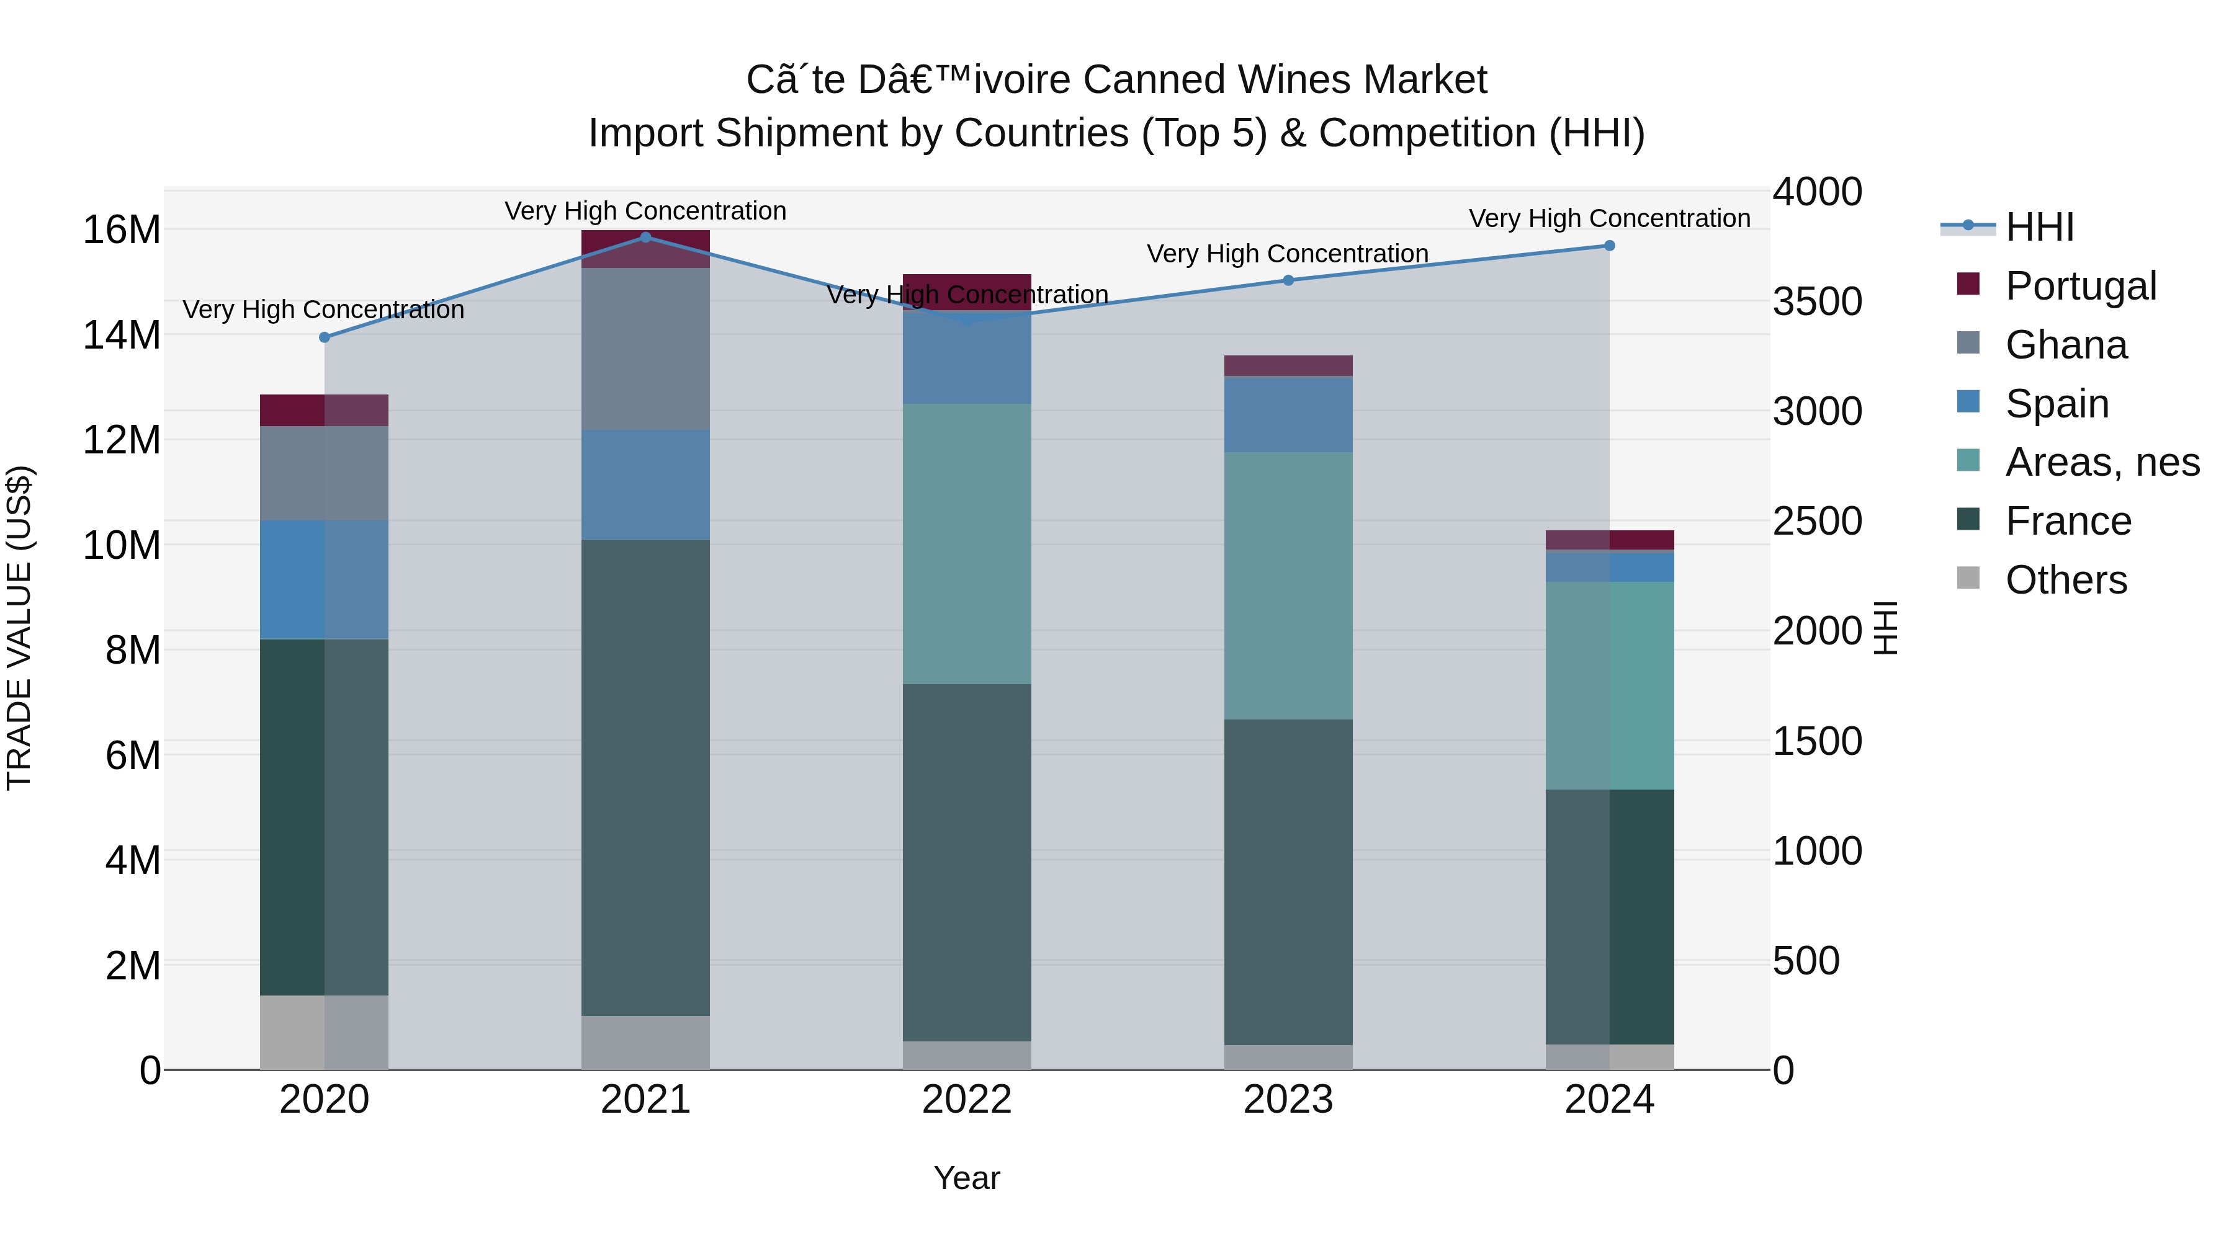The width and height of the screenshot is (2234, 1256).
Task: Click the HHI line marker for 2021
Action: point(645,237)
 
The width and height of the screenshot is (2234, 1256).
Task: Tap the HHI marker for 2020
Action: point(325,337)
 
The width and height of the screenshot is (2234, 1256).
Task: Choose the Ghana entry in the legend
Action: point(2066,344)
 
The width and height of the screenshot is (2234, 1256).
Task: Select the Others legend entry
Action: point(2066,579)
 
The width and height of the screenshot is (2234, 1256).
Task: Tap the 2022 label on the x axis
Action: point(966,1099)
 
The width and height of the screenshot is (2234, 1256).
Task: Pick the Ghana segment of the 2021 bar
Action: point(645,349)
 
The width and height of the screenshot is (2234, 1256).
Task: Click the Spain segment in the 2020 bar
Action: point(325,579)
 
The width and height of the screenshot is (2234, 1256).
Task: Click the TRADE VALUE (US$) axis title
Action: point(19,628)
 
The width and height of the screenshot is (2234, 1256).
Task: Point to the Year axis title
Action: point(966,1178)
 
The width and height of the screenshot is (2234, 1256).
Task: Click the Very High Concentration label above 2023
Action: point(1287,253)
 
